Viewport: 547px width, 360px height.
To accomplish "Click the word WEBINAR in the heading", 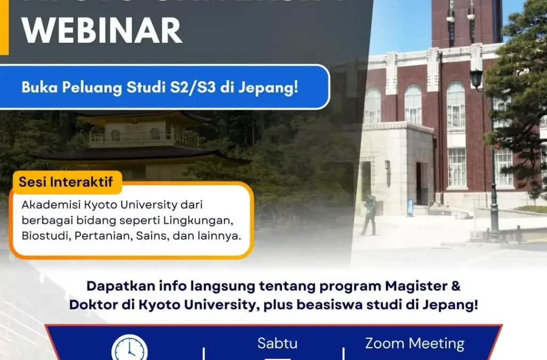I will point(102,30).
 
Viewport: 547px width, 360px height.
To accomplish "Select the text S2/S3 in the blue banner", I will point(198,87).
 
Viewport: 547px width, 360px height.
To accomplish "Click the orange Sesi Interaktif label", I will point(66,182).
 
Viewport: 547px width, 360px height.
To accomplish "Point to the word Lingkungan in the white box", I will point(205,220).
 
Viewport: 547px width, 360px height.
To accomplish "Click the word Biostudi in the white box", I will point(43,235).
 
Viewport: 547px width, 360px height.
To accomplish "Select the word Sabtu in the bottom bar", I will point(277,343).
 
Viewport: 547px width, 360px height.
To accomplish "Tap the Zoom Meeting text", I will point(414,343).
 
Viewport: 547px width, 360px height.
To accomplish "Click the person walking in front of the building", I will point(368,214).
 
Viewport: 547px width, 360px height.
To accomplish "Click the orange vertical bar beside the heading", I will point(4,27).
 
